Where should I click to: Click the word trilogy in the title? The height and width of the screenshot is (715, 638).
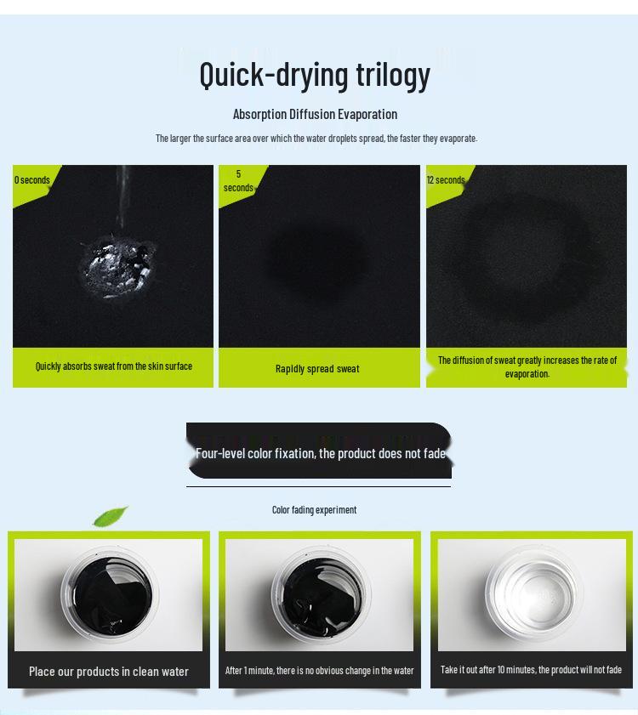[x=393, y=75]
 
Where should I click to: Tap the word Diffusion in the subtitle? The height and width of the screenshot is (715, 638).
[x=311, y=114]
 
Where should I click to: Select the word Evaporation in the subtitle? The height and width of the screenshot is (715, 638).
[x=367, y=115]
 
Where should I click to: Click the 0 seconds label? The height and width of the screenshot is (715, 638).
[x=32, y=180]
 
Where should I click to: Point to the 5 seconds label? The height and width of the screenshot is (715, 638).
[x=238, y=181]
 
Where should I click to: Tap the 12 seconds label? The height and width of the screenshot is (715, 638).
[x=446, y=180]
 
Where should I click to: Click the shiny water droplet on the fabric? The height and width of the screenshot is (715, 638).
[x=117, y=268]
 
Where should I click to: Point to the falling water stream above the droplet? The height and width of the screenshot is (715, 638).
[x=122, y=200]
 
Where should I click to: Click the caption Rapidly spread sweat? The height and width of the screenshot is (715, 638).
[x=317, y=369]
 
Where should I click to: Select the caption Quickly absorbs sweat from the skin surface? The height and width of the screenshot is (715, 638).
[x=114, y=366]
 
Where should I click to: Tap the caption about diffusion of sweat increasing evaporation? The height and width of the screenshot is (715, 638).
[x=527, y=367]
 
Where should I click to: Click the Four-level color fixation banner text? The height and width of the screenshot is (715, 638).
[x=321, y=453]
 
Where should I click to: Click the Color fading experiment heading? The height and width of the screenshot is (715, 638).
[x=315, y=510]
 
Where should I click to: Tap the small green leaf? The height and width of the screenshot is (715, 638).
[x=111, y=516]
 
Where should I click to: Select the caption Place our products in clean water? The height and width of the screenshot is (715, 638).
[x=109, y=672]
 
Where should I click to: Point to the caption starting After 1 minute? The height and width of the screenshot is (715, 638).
[x=320, y=671]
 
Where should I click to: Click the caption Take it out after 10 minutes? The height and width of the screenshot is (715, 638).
[x=531, y=670]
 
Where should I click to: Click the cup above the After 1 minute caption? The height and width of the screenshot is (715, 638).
[x=321, y=594]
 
